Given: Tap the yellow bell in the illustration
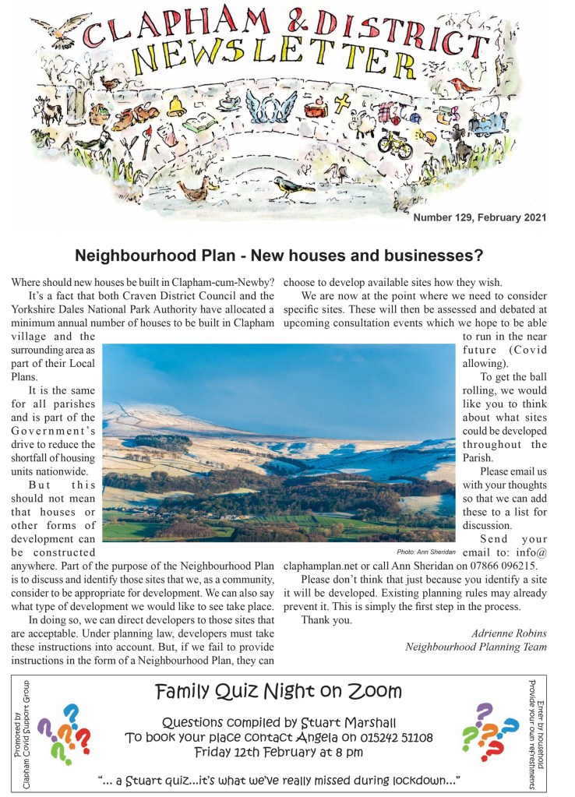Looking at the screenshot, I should (x=176, y=105).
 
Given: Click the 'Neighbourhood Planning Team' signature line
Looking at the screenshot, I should (x=476, y=647).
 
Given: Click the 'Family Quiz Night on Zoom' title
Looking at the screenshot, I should (x=278, y=691).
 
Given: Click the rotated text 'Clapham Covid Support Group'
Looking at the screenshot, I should (x=28, y=734).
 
